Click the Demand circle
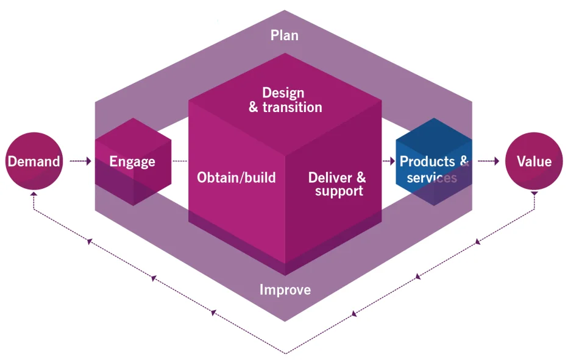tap(34, 161)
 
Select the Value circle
tap(534, 161)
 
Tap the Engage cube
tap(132, 161)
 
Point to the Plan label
tap(285, 35)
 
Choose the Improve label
tap(285, 290)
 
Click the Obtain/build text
tap(236, 178)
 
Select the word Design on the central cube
tap(283, 93)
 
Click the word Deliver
tap(330, 177)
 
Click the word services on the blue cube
tap(431, 177)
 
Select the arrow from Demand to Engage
tap(80, 161)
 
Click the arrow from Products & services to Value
tap(489, 161)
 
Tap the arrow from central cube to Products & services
tap(388, 161)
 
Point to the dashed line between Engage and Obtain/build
tap(180, 161)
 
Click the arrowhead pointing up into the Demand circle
tap(34, 194)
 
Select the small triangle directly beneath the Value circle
tap(534, 193)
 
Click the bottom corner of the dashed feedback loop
tap(285, 353)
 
